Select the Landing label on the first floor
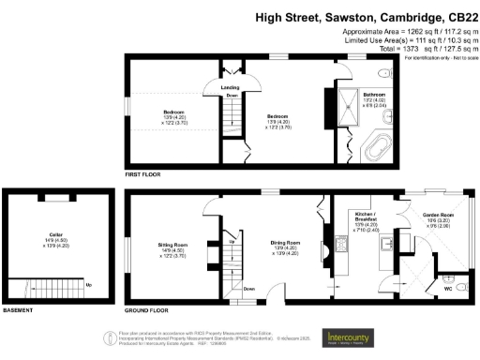(230, 87)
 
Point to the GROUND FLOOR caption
(148, 310)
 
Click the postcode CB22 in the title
(458, 17)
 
